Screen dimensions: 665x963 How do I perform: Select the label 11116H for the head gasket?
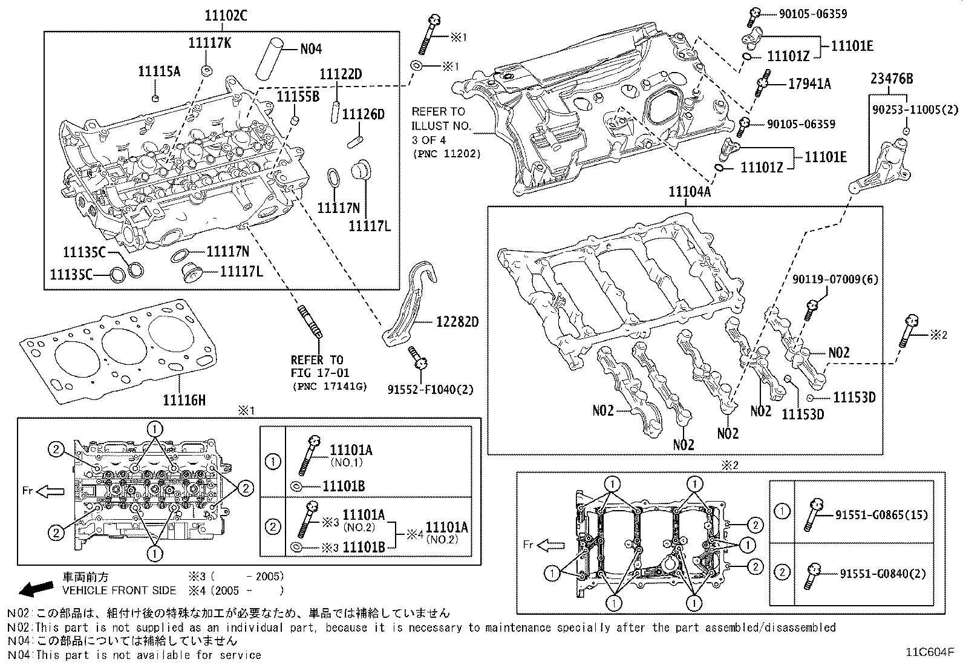tap(184, 399)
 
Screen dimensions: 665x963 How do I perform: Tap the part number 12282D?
tap(457, 322)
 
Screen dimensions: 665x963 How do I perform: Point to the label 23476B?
tap(892, 78)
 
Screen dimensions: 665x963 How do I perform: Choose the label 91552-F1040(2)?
tap(431, 390)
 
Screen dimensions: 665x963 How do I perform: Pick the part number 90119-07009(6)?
tap(835, 280)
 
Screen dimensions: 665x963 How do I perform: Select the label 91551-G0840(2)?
tap(883, 574)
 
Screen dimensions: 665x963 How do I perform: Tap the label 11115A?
tap(159, 71)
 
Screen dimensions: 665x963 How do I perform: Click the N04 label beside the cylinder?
tap(311, 50)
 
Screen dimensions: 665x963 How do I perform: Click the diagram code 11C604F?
tap(929, 652)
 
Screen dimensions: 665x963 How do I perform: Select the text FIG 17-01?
tap(319, 373)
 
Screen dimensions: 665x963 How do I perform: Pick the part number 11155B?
tap(298, 96)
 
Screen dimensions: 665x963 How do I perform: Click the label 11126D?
tap(363, 114)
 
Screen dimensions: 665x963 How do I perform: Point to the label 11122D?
tap(341, 74)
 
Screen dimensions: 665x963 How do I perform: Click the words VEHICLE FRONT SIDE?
tap(120, 591)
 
